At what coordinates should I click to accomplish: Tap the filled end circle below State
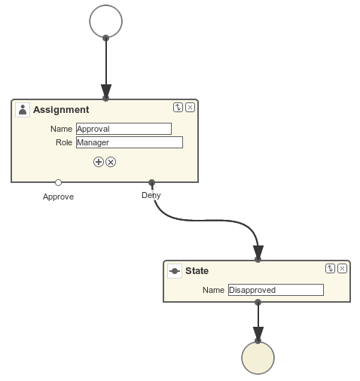[x=258, y=358]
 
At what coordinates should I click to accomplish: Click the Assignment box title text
[x=61, y=110]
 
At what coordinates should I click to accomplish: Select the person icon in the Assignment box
[x=23, y=110]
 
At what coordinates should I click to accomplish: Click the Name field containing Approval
[x=124, y=129]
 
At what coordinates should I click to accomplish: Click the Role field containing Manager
[x=130, y=142]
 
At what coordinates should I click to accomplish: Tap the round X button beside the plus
[x=111, y=162]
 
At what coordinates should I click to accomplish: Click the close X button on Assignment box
[x=190, y=108]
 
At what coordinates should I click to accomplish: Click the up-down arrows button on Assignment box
[x=178, y=108]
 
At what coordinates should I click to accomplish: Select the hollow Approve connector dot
[x=58, y=182]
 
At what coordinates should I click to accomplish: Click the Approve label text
[x=58, y=197]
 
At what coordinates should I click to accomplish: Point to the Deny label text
[x=151, y=195]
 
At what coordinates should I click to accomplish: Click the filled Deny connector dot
[x=151, y=182]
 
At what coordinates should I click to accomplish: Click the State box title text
[x=197, y=271]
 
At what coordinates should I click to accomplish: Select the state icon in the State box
[x=175, y=271]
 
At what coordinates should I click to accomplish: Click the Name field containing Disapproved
[x=276, y=290]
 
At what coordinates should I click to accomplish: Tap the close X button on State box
[x=342, y=269]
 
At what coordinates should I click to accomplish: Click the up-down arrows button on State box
[x=330, y=269]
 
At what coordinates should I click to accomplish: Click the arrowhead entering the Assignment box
[x=106, y=91]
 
